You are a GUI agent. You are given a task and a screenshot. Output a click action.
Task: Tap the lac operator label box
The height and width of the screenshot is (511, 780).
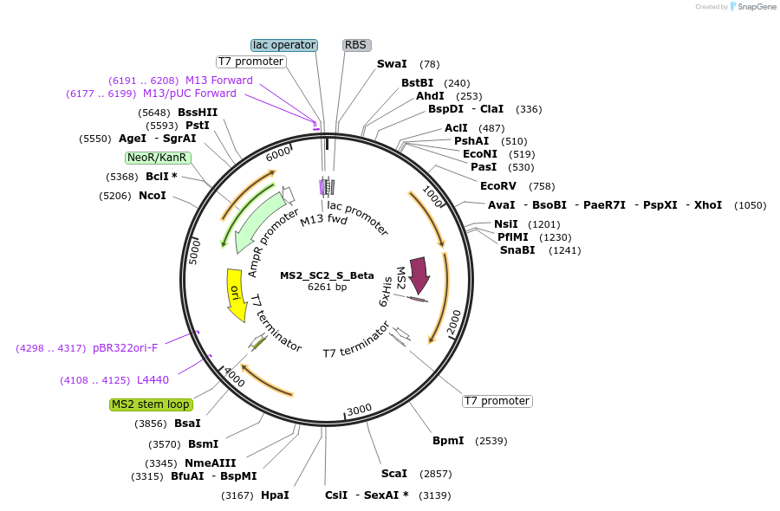point(284,45)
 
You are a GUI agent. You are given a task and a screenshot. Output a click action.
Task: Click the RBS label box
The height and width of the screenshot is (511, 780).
point(356,45)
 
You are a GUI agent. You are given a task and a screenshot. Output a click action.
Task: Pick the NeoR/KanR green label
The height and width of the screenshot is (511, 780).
point(157,158)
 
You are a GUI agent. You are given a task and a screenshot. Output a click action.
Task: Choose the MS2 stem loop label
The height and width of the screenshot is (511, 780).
point(151,404)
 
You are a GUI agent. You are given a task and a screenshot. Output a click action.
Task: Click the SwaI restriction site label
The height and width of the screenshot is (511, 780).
point(392,64)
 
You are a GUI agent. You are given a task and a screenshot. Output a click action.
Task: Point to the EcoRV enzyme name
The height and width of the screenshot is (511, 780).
point(498,186)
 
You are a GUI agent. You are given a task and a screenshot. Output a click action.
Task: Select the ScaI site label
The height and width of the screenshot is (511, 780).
point(394,474)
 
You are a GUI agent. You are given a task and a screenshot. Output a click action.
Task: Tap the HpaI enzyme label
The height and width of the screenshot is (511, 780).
point(275,495)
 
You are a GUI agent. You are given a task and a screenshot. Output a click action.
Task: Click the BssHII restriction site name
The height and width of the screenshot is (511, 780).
point(198,113)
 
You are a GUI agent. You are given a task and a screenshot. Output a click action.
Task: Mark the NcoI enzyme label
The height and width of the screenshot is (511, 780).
point(153,196)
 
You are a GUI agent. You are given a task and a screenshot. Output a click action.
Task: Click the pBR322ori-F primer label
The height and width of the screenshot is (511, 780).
point(126,348)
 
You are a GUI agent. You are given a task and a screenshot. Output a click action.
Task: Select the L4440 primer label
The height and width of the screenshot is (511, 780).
point(153,379)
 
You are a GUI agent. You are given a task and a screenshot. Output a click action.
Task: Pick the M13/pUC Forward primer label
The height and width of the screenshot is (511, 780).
point(189,94)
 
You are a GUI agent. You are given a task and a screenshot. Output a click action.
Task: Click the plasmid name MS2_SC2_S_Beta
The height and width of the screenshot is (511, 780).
point(327,275)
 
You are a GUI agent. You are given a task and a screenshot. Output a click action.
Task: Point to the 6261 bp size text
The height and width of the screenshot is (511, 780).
point(327,287)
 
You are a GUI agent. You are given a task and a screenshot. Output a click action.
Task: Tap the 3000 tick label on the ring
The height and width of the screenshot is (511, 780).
point(359,410)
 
